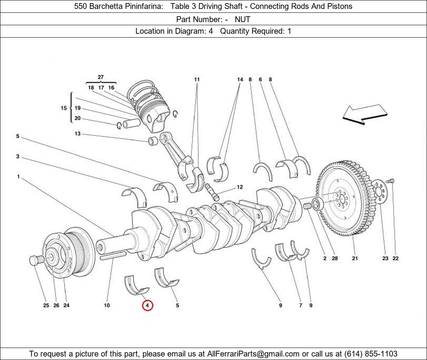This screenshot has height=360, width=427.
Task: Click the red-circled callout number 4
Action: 148,305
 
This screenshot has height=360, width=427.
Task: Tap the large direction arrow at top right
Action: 365,114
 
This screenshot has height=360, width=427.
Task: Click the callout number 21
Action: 355,258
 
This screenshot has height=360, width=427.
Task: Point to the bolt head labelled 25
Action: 35,260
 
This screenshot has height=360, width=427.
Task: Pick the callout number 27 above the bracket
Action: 101,77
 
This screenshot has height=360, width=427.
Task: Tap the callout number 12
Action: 240,187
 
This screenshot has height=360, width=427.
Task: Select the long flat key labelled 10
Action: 113,255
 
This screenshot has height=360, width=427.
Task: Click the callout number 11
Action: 197,80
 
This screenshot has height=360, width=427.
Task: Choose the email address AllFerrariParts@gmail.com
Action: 253,354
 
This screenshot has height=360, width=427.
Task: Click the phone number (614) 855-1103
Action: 371,354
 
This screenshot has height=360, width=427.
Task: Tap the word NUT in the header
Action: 243,19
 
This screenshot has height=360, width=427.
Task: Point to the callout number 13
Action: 78,134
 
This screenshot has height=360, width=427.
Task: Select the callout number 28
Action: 335,258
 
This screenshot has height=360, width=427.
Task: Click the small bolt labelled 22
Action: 392,181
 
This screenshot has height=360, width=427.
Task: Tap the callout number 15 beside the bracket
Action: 64,108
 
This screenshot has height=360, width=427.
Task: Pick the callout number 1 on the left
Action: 18,177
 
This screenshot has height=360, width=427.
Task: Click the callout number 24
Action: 66,305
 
